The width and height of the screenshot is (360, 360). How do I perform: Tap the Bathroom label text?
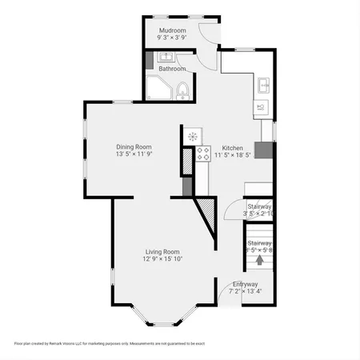(172, 69)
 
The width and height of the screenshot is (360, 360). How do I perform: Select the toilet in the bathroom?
(182, 90)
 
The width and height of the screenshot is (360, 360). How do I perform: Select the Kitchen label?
(232, 148)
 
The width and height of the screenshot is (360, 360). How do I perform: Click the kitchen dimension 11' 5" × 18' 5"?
(232, 155)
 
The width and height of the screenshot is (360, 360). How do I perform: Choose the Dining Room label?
(134, 146)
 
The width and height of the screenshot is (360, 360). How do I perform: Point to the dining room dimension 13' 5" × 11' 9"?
(134, 154)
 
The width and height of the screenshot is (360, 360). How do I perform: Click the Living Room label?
(162, 251)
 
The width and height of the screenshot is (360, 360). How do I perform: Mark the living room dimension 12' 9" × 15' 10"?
(162, 258)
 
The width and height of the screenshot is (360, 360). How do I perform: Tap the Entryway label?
(245, 284)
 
